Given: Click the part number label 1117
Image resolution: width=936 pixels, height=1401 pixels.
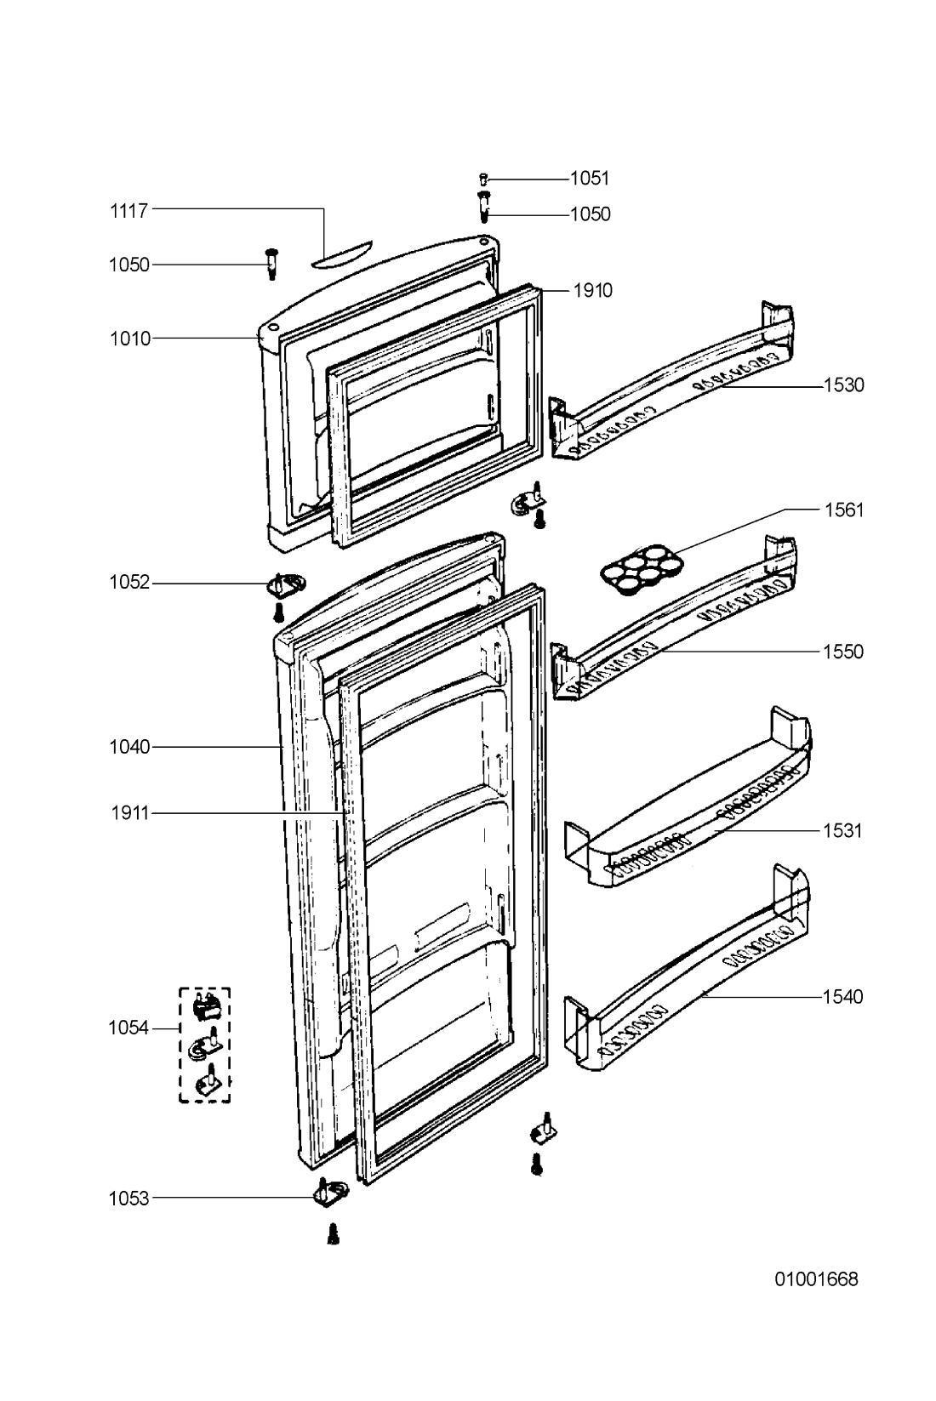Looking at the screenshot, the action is pos(128,212).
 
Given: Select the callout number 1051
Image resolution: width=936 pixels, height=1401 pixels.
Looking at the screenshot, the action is pos(590,179).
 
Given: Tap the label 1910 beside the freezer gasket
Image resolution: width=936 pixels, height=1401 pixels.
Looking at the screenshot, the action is pos(593,290).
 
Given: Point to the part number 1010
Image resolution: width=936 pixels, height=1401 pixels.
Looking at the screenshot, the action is pos(130,339).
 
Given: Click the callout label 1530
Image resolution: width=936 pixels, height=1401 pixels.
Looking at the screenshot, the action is pos(843,384).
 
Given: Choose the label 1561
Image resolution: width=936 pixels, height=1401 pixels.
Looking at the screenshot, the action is pos(843,510).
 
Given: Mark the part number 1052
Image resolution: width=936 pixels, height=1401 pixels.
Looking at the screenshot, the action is pos(129,583).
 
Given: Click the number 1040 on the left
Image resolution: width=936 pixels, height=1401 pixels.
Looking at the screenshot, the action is pos(129,747).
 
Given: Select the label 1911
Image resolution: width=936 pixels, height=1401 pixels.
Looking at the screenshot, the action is pos(130,813).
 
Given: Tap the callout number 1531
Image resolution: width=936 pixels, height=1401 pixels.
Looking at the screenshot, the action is pos(842,830).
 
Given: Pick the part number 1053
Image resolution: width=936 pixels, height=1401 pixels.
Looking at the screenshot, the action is pos(128,1199).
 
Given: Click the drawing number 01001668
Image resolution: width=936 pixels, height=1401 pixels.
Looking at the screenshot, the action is pos(817,1279).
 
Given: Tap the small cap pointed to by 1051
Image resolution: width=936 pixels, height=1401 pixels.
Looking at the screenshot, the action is pos(483,179).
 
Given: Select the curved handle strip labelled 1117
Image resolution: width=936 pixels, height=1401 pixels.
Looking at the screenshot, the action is pos(341,254).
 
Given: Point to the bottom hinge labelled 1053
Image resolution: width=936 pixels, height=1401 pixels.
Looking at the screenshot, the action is pos(330,1194).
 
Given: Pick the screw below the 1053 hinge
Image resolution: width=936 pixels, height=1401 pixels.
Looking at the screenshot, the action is pos(334,1235).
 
